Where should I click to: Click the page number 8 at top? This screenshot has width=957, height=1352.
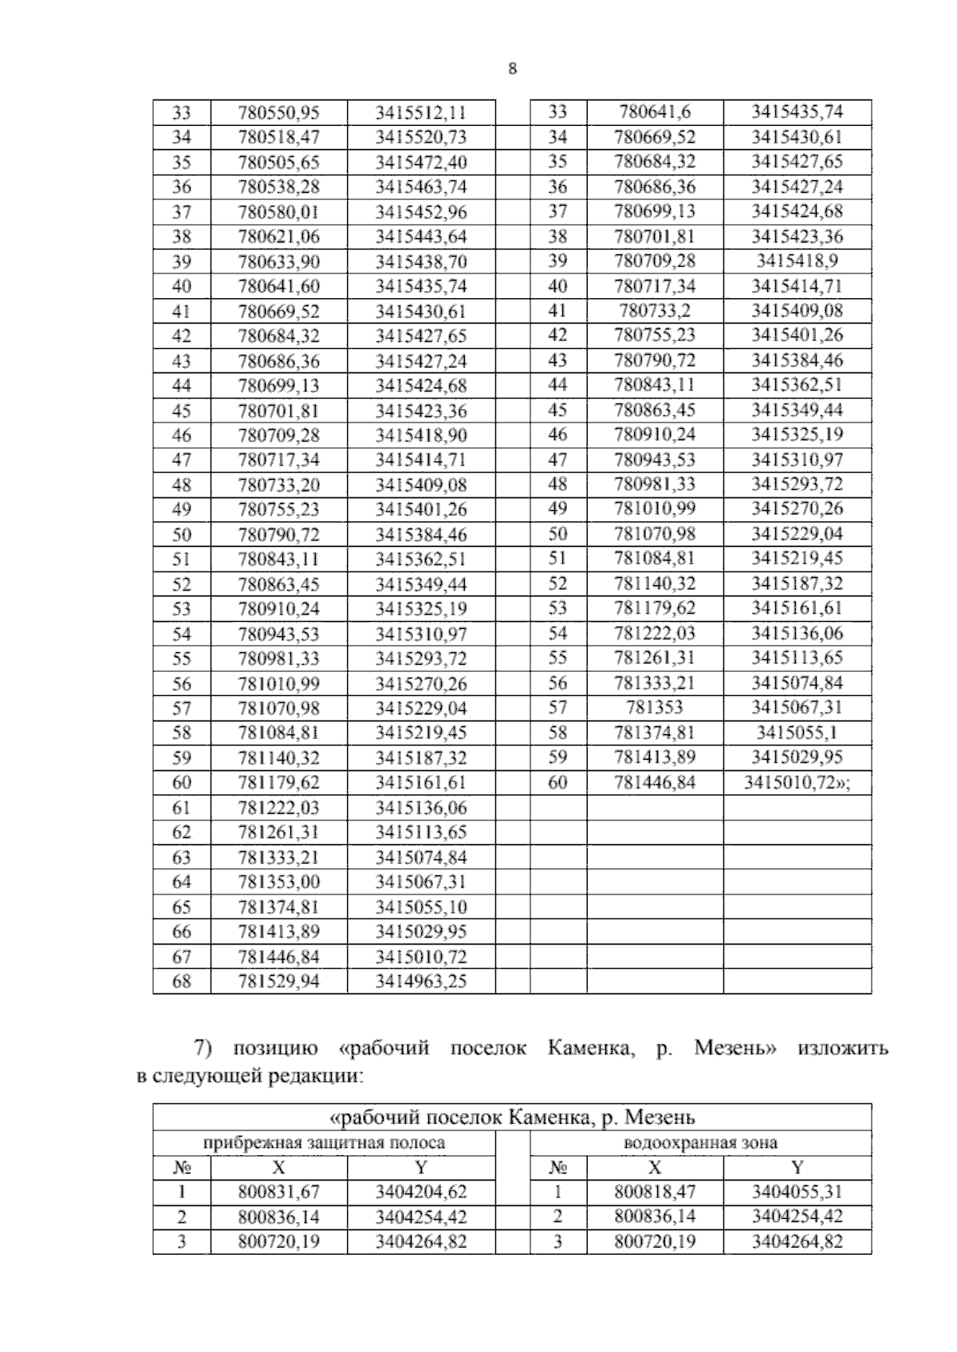pyautogui.click(x=512, y=69)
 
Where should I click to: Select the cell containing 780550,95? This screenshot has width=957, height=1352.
pyautogui.click(x=278, y=112)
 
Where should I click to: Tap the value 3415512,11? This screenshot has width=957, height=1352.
pyautogui.click(x=420, y=112)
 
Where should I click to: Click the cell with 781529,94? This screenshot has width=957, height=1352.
pyautogui.click(x=278, y=981)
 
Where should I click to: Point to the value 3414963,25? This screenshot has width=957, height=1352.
pyautogui.click(x=420, y=981)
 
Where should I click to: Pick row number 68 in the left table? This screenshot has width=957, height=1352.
pyautogui.click(x=182, y=981)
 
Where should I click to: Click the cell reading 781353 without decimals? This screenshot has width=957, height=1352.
pyautogui.click(x=655, y=707)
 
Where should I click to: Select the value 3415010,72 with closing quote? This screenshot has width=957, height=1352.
pyautogui.click(x=797, y=782)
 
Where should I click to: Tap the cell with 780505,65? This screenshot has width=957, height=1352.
pyautogui.click(x=278, y=163)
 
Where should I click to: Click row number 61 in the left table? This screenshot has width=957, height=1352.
pyautogui.click(x=182, y=808)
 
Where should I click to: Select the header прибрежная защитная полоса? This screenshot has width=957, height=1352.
pyautogui.click(x=324, y=1142)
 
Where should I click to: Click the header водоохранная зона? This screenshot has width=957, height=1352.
pyautogui.click(x=700, y=1142)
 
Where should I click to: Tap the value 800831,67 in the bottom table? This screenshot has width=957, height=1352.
pyautogui.click(x=278, y=1193)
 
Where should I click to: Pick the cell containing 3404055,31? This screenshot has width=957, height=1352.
pyautogui.click(x=797, y=1193)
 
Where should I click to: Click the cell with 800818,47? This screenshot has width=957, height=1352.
pyautogui.click(x=655, y=1193)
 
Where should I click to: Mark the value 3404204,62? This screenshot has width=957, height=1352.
pyautogui.click(x=420, y=1193)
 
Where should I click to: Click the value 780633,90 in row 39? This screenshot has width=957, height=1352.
pyautogui.click(x=278, y=262)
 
